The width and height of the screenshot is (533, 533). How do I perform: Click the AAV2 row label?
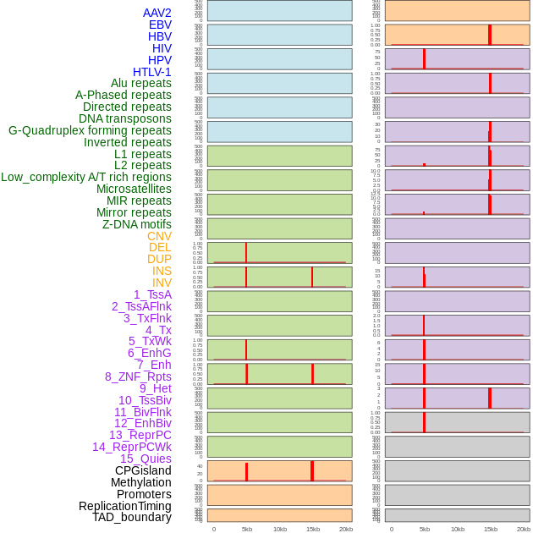[157, 13]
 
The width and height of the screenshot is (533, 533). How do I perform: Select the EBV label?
[160, 25]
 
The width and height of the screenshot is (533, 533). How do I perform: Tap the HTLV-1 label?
[151, 72]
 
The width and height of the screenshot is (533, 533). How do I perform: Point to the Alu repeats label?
[141, 83]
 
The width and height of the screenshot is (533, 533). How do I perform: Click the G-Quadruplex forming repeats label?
[90, 130]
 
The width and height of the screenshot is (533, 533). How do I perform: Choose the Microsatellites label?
[134, 189]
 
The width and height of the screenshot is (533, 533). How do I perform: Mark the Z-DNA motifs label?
[137, 224]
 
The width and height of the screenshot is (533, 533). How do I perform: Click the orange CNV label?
[159, 236]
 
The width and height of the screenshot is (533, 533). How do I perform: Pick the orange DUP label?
[159, 259]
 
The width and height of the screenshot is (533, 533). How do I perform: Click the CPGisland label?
[143, 470]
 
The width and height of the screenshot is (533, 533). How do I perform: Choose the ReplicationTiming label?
[124, 506]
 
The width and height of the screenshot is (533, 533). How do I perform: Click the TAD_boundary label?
[131, 517]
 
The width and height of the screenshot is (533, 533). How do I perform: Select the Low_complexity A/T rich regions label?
[86, 177]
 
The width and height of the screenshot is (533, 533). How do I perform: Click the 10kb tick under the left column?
[280, 529]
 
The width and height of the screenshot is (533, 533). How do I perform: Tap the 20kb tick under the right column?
[524, 529]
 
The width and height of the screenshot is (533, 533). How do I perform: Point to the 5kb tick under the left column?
[247, 529]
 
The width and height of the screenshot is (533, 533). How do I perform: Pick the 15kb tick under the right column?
[491, 529]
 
